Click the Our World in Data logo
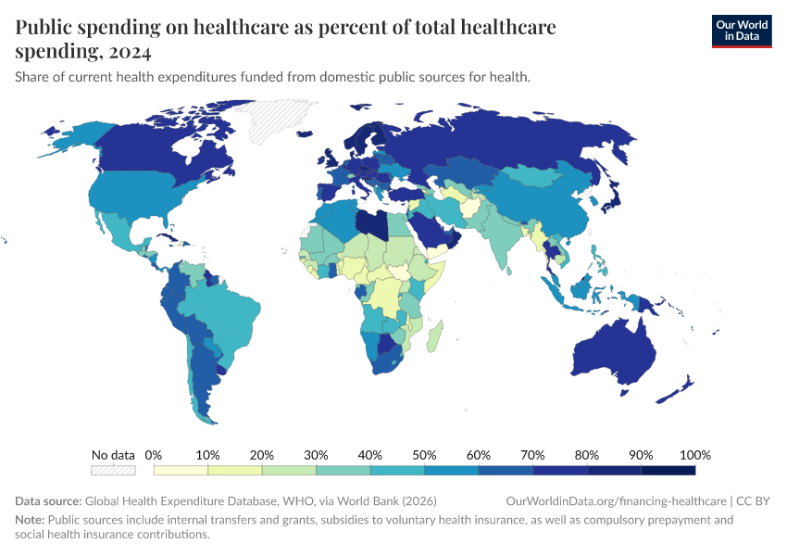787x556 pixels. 741,31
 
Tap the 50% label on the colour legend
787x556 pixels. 425,455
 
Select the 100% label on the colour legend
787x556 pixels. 694,455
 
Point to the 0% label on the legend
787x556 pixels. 154,455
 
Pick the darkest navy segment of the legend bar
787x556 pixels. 668,471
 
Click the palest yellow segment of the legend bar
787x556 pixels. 181,471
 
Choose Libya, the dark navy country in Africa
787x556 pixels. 373,225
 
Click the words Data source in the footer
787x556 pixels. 48,500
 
